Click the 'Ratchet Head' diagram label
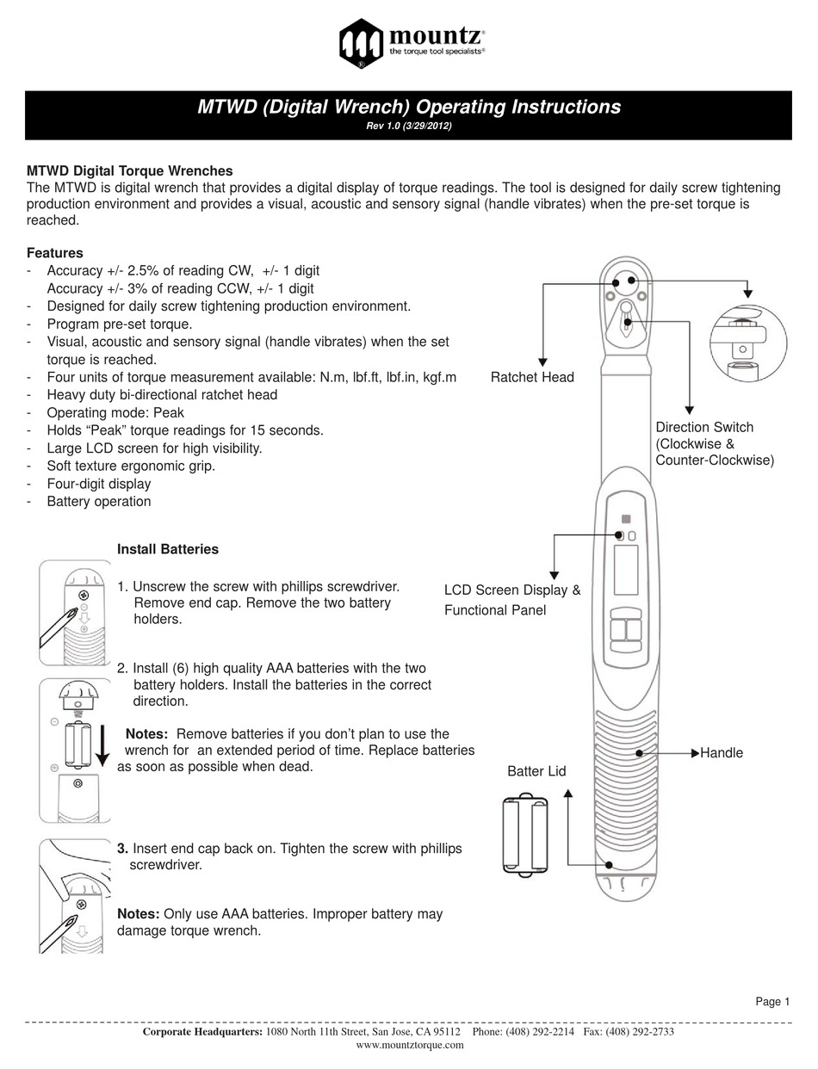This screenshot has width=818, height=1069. point(532,377)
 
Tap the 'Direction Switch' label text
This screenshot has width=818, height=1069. point(704,427)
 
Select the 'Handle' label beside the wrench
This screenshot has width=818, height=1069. point(722,753)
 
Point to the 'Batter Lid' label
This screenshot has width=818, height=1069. point(536,771)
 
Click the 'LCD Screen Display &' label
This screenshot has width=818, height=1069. point(512,590)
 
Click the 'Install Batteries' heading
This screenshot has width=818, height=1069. point(168,549)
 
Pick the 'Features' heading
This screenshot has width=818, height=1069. point(55,253)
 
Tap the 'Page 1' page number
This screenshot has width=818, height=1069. point(772,1001)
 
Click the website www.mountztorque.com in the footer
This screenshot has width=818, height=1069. point(409,1045)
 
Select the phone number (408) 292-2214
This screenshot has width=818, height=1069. point(523,1032)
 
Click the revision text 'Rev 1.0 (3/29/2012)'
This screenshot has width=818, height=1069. point(408,126)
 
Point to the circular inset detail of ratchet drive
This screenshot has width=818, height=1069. point(746,340)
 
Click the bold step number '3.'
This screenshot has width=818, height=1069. point(122,848)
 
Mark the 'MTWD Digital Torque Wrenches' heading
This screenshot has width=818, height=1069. point(129,171)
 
